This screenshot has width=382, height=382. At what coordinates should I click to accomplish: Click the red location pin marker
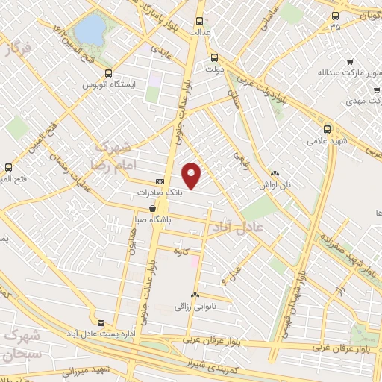coord(192,175)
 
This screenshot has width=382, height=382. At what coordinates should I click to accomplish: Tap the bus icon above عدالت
coord(198,22)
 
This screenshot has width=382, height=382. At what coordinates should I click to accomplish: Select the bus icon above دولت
coord(215,57)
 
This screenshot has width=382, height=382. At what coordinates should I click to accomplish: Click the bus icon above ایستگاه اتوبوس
coord(109,73)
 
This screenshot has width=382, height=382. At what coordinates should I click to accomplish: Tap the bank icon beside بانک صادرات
coord(160,181)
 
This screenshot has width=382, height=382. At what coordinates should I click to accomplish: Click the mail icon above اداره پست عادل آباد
coord(101,322)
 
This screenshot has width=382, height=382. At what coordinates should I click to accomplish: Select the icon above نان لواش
coord(275,172)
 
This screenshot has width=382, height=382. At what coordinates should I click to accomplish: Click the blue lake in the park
coord(90,31)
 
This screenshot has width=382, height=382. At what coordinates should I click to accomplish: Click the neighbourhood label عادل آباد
coord(236,229)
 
